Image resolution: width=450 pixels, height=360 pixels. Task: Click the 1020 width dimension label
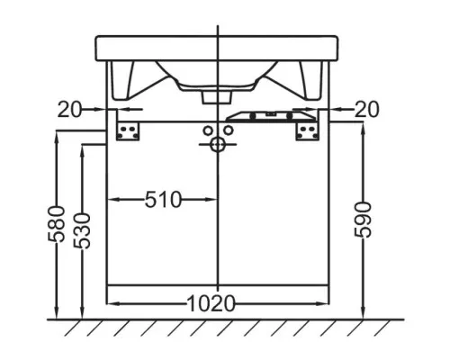point(211,303)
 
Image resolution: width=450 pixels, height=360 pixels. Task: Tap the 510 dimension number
point(164,200)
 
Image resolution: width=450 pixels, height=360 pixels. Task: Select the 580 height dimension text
point(57,224)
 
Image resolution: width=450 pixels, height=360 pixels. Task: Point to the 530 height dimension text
point(82,230)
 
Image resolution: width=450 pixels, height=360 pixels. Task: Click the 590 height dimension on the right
point(363,220)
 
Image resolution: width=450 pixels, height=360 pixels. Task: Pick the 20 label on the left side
point(69,110)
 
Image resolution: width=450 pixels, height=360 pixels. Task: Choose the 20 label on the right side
point(367,109)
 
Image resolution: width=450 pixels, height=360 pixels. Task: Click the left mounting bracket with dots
point(128,131)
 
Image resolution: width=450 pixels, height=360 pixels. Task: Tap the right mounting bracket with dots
point(308,131)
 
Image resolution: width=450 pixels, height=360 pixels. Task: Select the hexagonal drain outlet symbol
point(218,145)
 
